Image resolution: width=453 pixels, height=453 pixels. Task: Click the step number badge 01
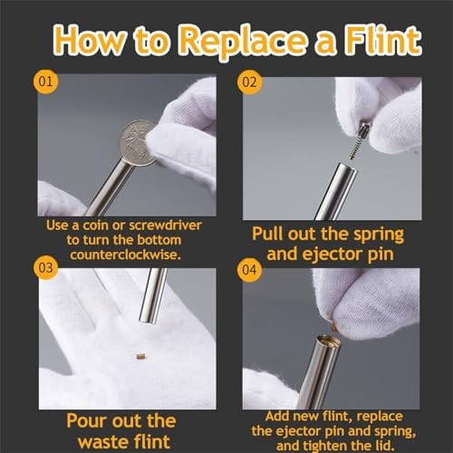[x=45, y=82]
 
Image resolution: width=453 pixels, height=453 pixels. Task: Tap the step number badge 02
[x=249, y=82]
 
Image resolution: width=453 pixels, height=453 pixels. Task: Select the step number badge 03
[x=45, y=268]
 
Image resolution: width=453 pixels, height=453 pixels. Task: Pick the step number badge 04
[x=249, y=270]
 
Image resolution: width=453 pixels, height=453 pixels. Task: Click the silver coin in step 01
[x=138, y=142]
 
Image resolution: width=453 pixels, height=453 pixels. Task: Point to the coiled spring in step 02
[x=356, y=147]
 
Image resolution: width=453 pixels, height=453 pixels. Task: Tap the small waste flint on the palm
[x=140, y=356]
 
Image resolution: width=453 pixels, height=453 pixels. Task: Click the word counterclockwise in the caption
[x=125, y=255]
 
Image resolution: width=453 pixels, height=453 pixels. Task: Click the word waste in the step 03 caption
[x=103, y=442]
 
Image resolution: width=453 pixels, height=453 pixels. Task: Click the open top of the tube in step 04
[x=328, y=342]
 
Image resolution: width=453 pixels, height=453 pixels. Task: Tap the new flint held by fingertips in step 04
[x=333, y=327]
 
